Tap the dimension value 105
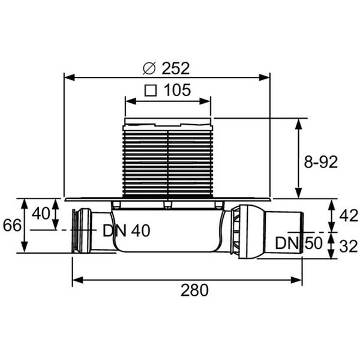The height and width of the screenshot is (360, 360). (x=177, y=91)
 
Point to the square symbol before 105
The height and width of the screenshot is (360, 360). (x=151, y=91)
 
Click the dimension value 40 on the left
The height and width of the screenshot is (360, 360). (x=41, y=214)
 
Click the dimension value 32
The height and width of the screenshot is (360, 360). (x=348, y=245)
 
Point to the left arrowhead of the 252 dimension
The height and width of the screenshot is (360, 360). (x=68, y=77)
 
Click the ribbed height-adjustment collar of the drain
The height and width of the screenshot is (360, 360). (x=167, y=161)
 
